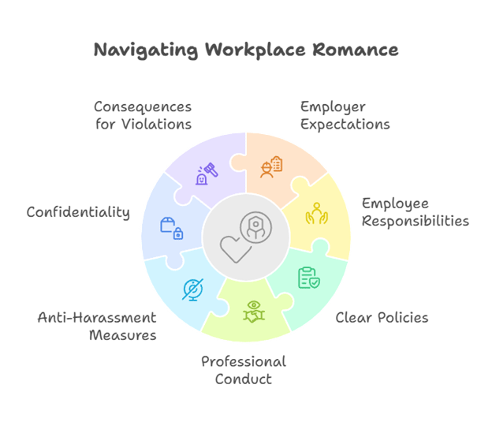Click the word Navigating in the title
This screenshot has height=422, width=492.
145,50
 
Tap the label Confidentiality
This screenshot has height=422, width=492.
78,212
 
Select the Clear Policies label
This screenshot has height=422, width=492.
382,318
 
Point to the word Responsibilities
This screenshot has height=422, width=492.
416,221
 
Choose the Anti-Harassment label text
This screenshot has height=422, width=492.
97,317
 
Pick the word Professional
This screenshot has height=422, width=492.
244,361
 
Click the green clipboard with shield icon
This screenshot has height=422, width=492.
308,278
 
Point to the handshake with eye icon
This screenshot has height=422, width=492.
253,310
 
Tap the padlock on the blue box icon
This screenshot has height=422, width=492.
179,233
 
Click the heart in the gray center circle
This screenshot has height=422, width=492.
234,248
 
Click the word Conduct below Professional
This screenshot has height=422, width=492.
243,379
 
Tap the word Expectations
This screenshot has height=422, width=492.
345,124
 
